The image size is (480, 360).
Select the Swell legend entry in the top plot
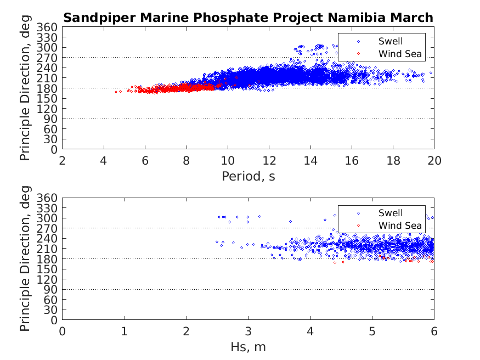tap(390, 41)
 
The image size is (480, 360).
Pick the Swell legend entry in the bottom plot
tap(390, 213)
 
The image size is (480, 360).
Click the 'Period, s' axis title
tap(248, 176)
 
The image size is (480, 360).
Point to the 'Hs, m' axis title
tap(248, 347)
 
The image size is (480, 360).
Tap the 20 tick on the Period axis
tap(434, 160)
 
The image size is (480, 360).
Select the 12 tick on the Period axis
tap(269, 160)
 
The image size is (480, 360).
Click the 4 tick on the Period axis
tap(104, 160)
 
